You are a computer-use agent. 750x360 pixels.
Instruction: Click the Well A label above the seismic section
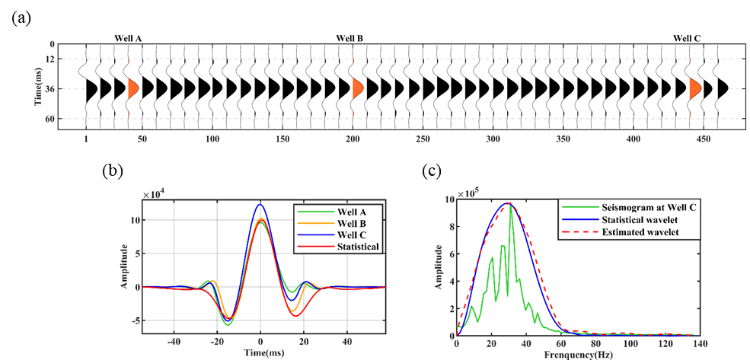(x=128, y=37)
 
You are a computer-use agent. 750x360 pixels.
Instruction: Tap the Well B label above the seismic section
(x=349, y=37)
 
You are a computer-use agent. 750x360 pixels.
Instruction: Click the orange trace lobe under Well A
(x=132, y=89)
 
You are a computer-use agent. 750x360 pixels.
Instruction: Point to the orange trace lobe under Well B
(x=356, y=89)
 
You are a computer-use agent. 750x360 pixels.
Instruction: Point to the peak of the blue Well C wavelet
(x=260, y=204)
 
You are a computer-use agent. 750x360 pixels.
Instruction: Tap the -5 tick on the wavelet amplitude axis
(x=134, y=321)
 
